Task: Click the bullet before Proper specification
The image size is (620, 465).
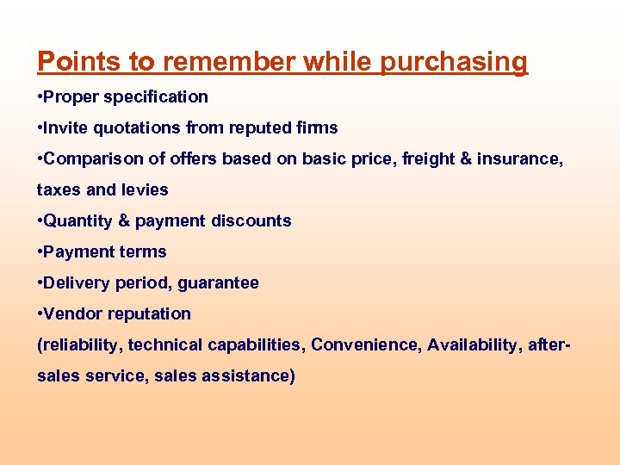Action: click(x=40, y=96)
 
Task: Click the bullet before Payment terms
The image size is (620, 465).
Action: click(x=40, y=252)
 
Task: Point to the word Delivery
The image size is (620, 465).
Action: click(x=77, y=282)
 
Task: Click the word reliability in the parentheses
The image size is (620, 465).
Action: click(x=83, y=345)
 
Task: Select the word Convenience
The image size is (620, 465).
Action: click(x=365, y=344)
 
